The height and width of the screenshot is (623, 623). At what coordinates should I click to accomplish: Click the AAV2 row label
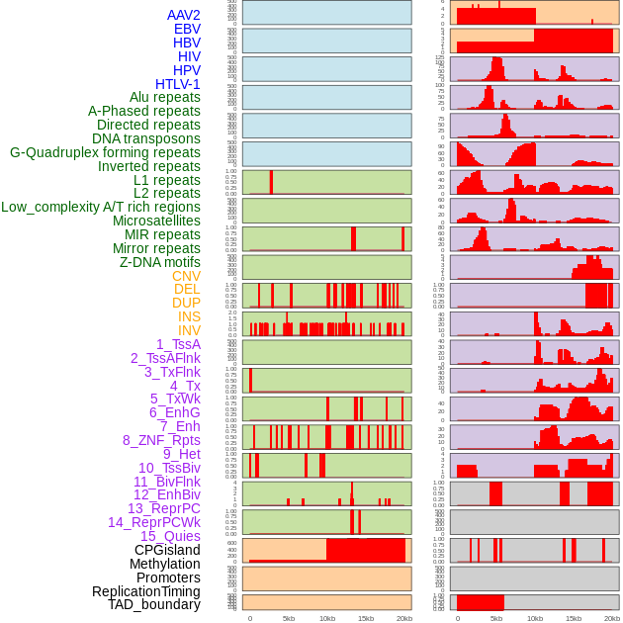tap(183, 15)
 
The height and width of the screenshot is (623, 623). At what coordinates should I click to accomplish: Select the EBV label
tap(186, 29)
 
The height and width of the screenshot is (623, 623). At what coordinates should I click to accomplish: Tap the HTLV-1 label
tap(177, 84)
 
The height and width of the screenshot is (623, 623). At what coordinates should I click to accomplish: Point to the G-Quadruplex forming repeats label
tap(105, 153)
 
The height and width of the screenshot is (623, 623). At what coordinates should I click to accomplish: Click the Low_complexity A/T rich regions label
tap(100, 207)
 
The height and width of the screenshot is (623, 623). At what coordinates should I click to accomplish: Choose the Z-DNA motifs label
tap(159, 262)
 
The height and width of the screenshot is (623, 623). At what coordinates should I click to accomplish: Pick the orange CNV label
tap(186, 276)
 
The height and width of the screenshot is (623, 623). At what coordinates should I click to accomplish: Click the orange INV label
tap(188, 330)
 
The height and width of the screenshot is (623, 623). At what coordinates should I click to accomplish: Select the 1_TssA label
tap(178, 344)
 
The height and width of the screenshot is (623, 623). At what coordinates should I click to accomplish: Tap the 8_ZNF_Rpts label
tap(161, 440)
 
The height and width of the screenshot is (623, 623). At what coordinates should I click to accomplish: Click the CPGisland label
tap(167, 550)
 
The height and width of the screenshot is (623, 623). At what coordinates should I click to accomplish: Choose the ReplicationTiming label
tap(145, 591)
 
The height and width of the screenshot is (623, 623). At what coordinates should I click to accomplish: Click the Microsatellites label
tap(156, 221)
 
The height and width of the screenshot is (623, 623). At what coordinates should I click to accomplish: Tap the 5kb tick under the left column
tap(289, 618)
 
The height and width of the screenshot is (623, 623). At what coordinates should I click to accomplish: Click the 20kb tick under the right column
tap(612, 618)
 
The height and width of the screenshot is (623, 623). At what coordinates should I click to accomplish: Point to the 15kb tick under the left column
tap(366, 618)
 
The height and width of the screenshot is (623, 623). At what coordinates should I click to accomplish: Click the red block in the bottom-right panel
tap(480, 602)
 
